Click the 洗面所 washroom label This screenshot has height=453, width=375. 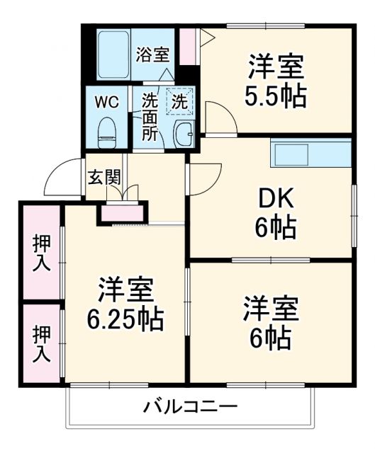pyautogui.click(x=149, y=116)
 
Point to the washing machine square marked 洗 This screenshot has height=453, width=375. pyautogui.click(x=180, y=101)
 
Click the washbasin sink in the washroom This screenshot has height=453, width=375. pyautogui.click(x=185, y=132)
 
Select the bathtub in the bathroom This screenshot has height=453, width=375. pyautogui.click(x=113, y=54)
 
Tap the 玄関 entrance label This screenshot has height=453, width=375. pyautogui.click(x=103, y=177)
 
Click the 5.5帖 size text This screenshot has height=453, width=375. pyautogui.click(x=276, y=96)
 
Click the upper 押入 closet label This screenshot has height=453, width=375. pyautogui.click(x=42, y=251)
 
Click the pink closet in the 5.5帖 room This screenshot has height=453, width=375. pyautogui.click(x=187, y=46)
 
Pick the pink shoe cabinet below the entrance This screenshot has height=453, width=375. pyautogui.click(x=123, y=212)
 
